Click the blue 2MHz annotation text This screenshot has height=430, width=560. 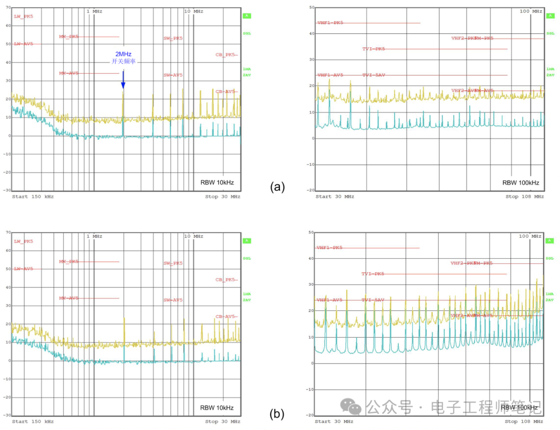pos(123,54)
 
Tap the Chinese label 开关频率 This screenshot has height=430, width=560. pos(123,61)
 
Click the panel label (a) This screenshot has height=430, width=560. pos(277,187)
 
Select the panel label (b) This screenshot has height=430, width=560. pos(277,413)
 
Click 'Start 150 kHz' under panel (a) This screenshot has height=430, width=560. pos(33,197)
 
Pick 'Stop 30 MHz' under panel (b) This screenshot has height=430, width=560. pos(222,422)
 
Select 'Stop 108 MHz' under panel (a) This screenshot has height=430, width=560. pos(525,197)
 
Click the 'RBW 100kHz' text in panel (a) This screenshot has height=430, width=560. pos(521,183)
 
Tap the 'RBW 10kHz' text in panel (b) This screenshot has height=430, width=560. pos(217,408)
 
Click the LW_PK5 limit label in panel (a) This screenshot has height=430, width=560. pos(23,16)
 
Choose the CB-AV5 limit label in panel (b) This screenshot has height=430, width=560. pos(226,316)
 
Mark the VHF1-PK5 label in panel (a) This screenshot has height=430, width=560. pos(330,23)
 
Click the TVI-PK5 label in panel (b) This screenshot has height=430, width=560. pos(373,274)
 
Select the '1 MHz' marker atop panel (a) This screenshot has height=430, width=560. pos(94,11)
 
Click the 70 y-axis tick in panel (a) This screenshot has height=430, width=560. pos(8,7)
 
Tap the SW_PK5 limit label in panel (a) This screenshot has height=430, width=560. pos(173,38)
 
